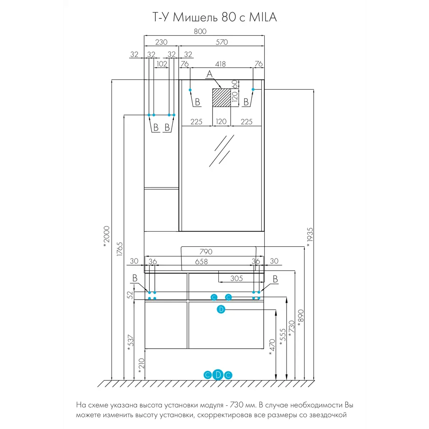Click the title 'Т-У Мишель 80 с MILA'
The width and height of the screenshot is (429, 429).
214,18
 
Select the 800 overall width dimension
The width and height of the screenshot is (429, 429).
200,31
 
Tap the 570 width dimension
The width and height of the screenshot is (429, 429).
222,42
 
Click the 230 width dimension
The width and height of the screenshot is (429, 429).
161,42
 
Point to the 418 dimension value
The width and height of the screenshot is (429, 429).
221,64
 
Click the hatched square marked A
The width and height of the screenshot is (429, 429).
222,98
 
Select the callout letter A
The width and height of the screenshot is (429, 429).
209,75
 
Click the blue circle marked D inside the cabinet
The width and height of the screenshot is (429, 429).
221,309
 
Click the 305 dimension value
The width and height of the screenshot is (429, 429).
236,278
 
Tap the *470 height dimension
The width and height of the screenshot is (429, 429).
271,347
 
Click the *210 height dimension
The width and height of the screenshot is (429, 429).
141,366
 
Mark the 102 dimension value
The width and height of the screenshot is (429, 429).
162,64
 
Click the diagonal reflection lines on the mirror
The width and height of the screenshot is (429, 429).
221,150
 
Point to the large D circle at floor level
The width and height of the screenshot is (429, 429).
218,375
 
